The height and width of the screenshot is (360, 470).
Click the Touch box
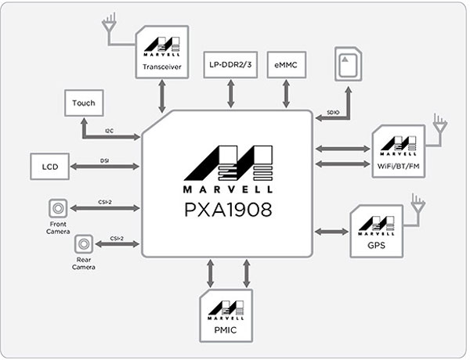coord(83,103)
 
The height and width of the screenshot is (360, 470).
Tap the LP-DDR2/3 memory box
coord(230,64)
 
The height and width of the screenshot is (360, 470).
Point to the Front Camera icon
coord(57,208)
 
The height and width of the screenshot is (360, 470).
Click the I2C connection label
coord(109,130)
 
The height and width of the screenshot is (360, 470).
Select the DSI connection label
coord(103,160)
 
